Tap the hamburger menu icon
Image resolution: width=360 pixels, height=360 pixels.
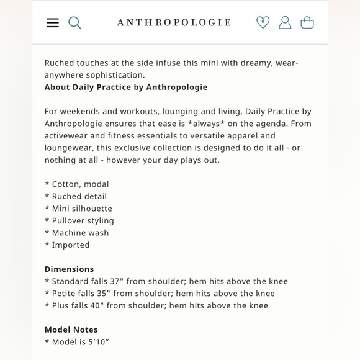coord(53,23)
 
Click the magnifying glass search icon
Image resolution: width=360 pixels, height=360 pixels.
coord(74,23)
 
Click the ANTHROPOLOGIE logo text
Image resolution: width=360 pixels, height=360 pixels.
coord(174,23)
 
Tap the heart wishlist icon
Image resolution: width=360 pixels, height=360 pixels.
coord(263,23)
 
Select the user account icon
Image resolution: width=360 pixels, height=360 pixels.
coord(285,23)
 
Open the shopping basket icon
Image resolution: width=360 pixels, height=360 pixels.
coord(307,23)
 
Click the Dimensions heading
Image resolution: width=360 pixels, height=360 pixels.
coord(69,269)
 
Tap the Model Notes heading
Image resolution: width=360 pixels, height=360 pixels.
coord(71,330)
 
